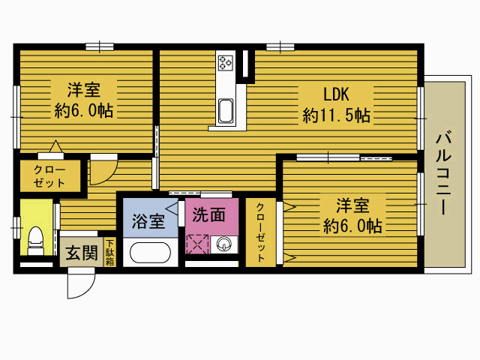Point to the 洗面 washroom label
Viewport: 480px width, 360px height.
click(x=208, y=214)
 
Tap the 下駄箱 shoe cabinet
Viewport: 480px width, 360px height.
click(x=109, y=253)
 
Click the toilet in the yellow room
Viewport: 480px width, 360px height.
click(x=34, y=240)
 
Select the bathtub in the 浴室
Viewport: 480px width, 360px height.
click(x=152, y=251)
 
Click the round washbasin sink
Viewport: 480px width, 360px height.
click(x=223, y=244)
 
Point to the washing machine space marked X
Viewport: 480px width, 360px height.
click(x=199, y=244)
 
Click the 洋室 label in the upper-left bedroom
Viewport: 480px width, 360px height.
click(x=84, y=90)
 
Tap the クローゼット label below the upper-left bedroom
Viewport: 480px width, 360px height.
click(x=49, y=176)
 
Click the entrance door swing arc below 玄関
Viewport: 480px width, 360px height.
click(x=81, y=286)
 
